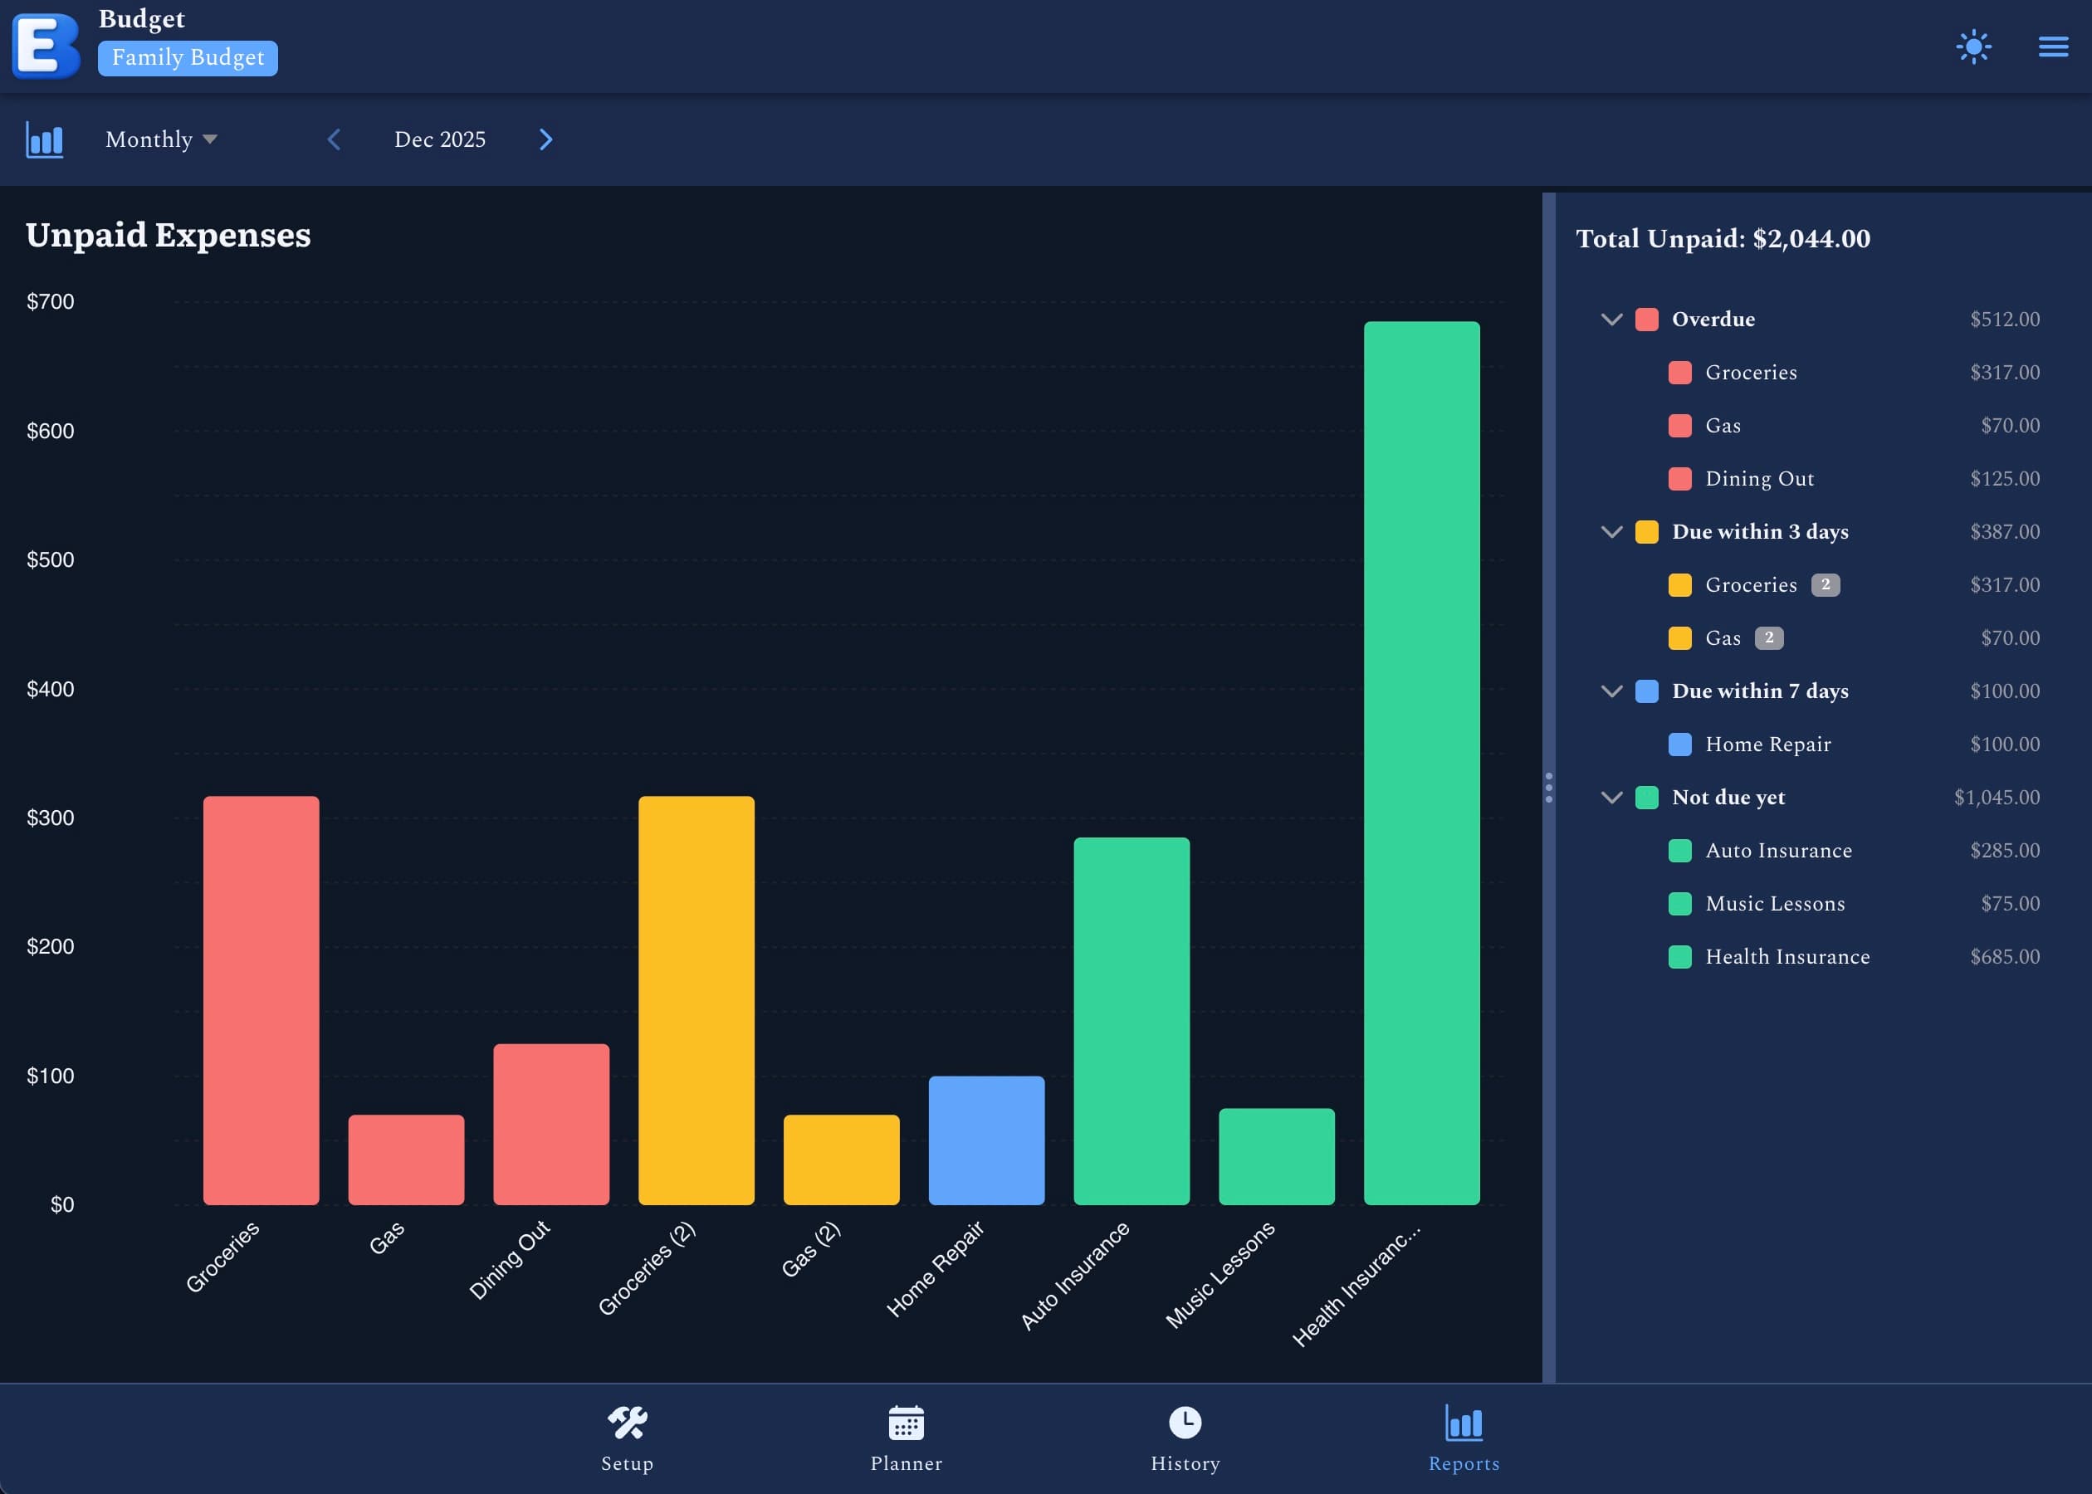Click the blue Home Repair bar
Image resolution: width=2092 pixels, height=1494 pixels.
coord(986,1140)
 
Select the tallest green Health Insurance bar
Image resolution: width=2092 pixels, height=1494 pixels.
coord(1421,763)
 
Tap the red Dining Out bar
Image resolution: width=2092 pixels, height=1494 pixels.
coord(551,1123)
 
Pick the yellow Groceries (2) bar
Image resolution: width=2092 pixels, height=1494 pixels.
coord(697,1000)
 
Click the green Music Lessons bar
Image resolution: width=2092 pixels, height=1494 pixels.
coord(1276,1156)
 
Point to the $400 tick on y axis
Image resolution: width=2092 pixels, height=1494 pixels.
coord(51,689)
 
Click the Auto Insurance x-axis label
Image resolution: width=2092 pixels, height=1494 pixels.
coord(1074,1275)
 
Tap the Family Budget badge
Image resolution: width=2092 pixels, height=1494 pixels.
coord(188,58)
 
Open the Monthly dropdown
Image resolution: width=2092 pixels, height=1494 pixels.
coord(161,139)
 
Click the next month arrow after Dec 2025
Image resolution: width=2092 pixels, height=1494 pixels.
coord(545,139)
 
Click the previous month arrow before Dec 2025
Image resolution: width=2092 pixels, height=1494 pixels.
coord(334,139)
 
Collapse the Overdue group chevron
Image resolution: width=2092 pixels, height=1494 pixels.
coord(1611,320)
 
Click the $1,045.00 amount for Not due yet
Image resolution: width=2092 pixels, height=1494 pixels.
coord(1997,798)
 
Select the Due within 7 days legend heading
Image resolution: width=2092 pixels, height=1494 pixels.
coord(1759,691)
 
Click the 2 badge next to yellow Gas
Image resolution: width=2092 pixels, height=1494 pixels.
coord(1768,637)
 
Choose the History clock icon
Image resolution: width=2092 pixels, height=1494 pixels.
coord(1185,1423)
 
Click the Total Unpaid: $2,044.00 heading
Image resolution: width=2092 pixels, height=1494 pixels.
coord(1723,238)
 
